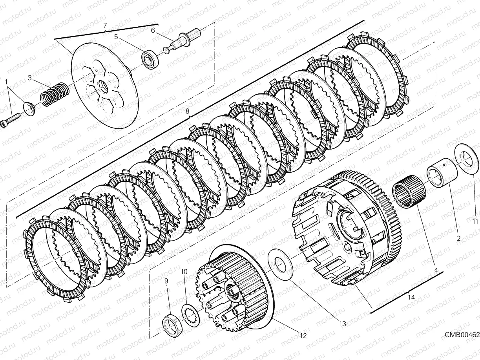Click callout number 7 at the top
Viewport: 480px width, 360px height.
click(105, 25)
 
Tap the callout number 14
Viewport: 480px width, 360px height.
click(411, 297)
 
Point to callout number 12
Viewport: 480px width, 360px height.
click(302, 335)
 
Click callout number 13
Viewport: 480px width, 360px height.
click(343, 324)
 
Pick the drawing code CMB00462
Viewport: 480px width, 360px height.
click(462, 334)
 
